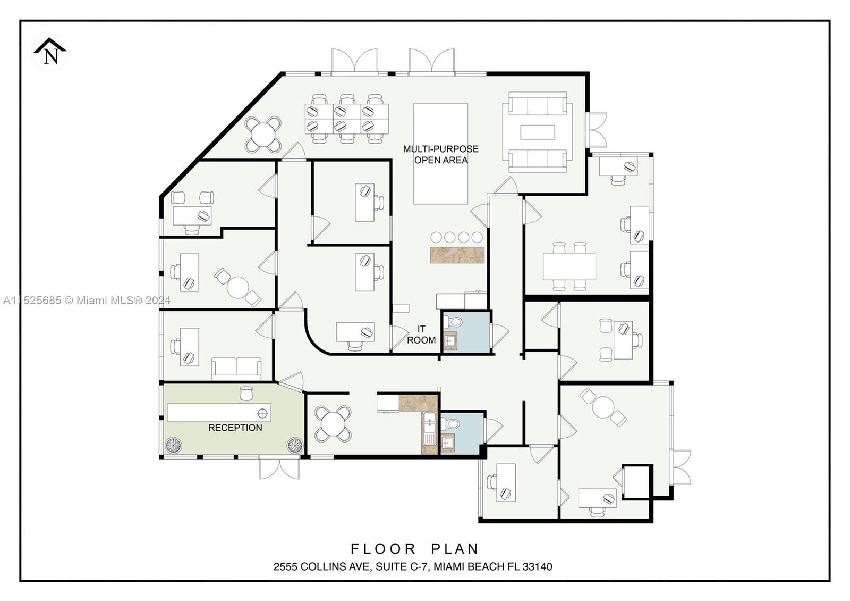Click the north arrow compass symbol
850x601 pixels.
point(50,52)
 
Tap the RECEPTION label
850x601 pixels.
point(235,428)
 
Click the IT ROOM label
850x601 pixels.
point(421,335)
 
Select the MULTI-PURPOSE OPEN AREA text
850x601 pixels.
point(440,154)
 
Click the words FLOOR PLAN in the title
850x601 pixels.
point(415,548)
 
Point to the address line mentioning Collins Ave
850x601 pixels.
point(413,567)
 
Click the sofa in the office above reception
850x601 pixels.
point(236,368)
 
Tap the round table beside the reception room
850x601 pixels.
point(333,424)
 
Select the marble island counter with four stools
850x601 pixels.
point(457,255)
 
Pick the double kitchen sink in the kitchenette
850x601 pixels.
point(429,430)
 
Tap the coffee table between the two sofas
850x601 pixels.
point(537,132)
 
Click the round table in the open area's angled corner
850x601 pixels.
point(263,134)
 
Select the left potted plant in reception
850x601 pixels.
point(173,445)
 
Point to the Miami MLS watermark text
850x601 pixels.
point(87,300)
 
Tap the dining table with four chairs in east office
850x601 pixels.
point(569,266)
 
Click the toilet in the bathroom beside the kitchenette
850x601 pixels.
point(452,424)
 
